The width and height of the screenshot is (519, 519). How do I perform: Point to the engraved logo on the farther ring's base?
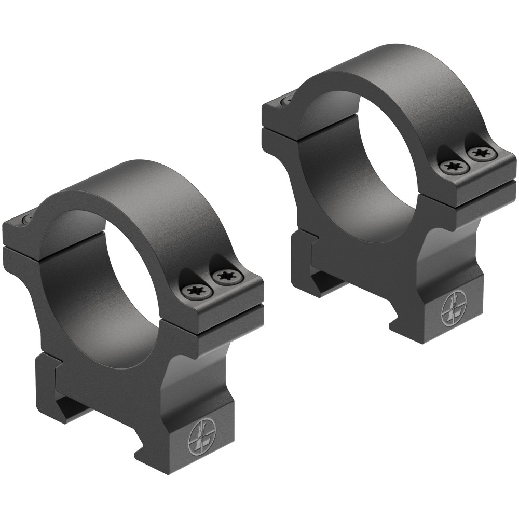pyautogui.click(x=451, y=310)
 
